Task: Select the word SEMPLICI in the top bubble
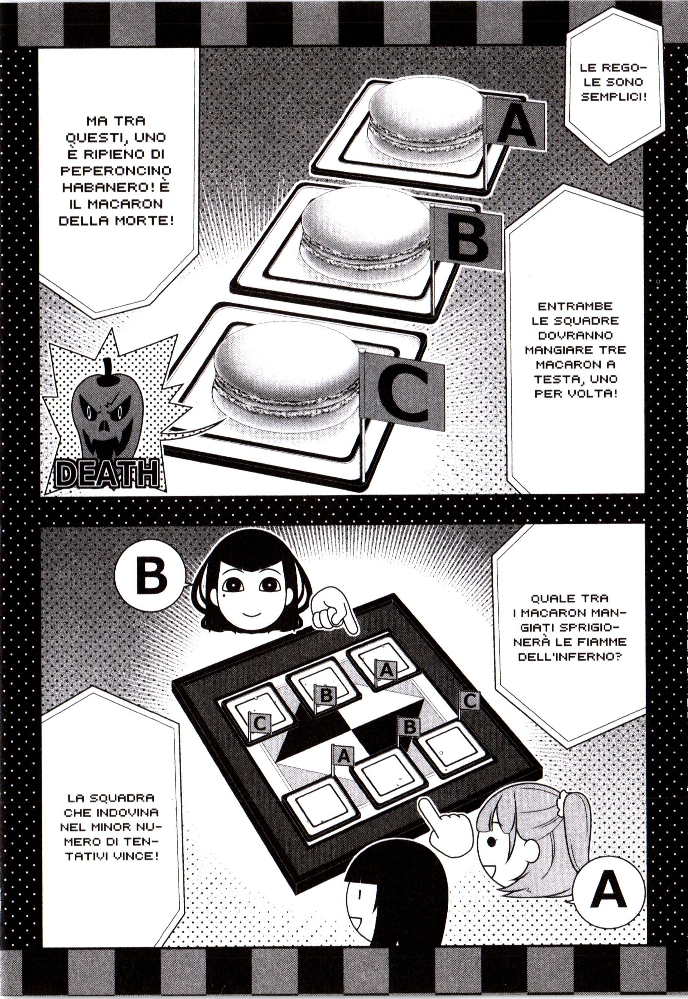tap(614, 96)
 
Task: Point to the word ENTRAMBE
tap(575, 307)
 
